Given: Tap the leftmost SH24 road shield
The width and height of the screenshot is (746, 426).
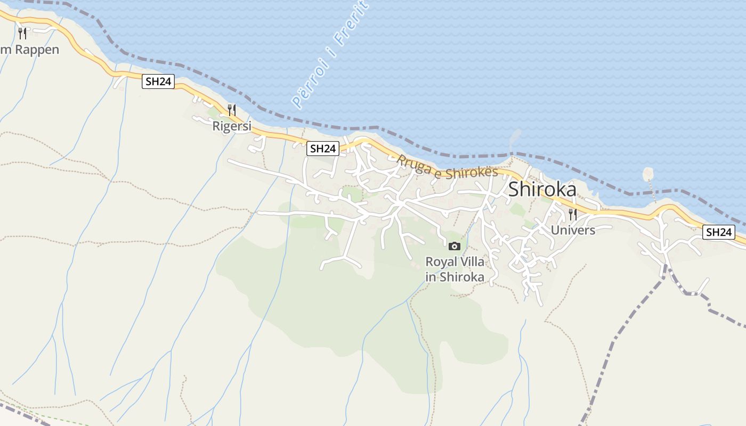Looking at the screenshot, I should pyautogui.click(x=158, y=81).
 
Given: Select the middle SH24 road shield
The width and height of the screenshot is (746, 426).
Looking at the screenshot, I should pyautogui.click(x=323, y=149).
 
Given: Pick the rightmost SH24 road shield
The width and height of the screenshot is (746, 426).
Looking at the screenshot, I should pyautogui.click(x=718, y=232).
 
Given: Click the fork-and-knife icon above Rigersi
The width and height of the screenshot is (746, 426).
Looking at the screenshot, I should pyautogui.click(x=232, y=110).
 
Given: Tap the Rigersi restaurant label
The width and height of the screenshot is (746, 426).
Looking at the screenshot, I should pyautogui.click(x=232, y=126).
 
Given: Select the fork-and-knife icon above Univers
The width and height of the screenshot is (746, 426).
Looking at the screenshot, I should pyautogui.click(x=573, y=215).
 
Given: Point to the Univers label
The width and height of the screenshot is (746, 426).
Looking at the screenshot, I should pyautogui.click(x=573, y=230).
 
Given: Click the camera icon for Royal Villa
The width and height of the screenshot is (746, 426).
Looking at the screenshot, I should pyautogui.click(x=455, y=246).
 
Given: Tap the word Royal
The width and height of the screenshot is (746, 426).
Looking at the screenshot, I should pyautogui.click(x=440, y=262).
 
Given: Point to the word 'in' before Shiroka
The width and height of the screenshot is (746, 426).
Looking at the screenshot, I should pyautogui.click(x=431, y=277).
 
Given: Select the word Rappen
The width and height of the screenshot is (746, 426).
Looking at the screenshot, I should pyautogui.click(x=37, y=50).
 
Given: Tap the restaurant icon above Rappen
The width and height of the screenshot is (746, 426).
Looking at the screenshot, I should pyautogui.click(x=22, y=34).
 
